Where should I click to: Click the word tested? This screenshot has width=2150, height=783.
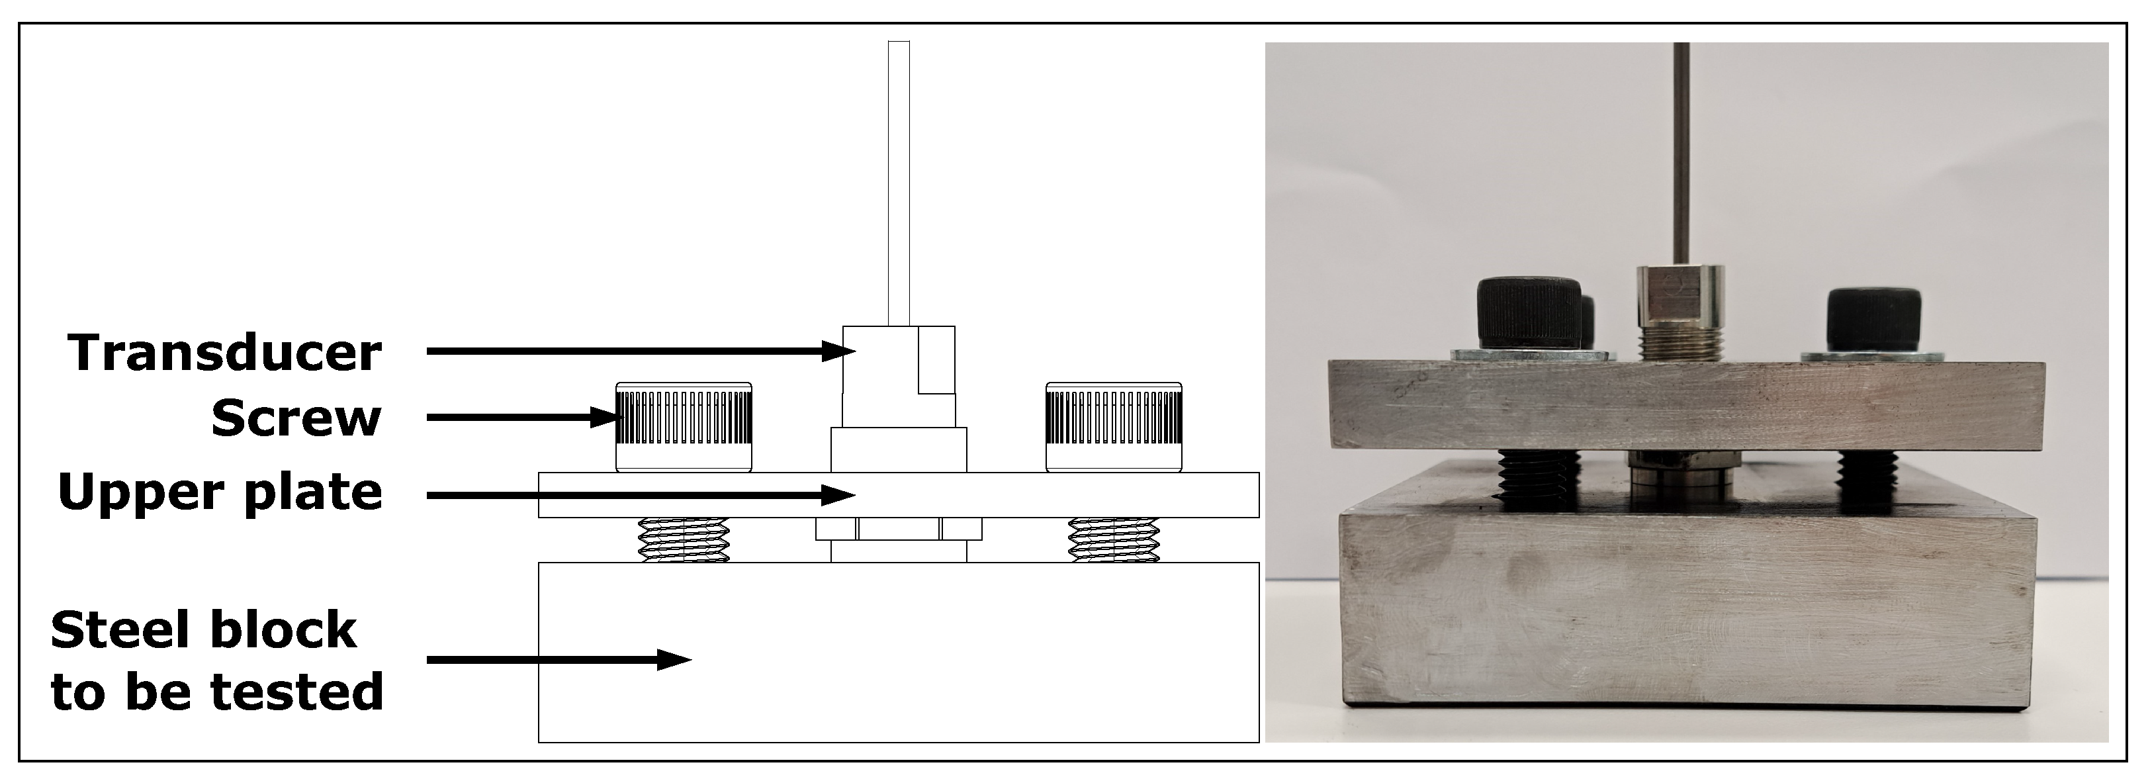297,692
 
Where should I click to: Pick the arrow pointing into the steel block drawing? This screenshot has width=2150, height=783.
559,659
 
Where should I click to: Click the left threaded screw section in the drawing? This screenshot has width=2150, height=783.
684,539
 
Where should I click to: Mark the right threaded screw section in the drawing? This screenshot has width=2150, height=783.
1114,539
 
